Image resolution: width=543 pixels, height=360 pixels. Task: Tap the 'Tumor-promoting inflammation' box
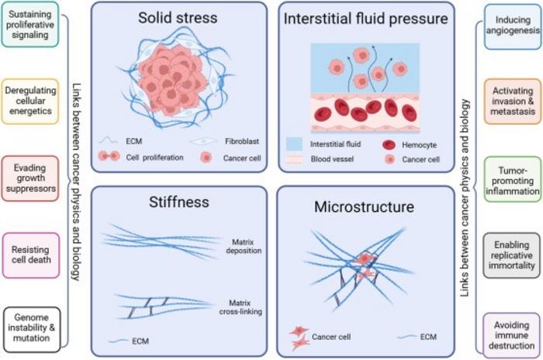513,179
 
